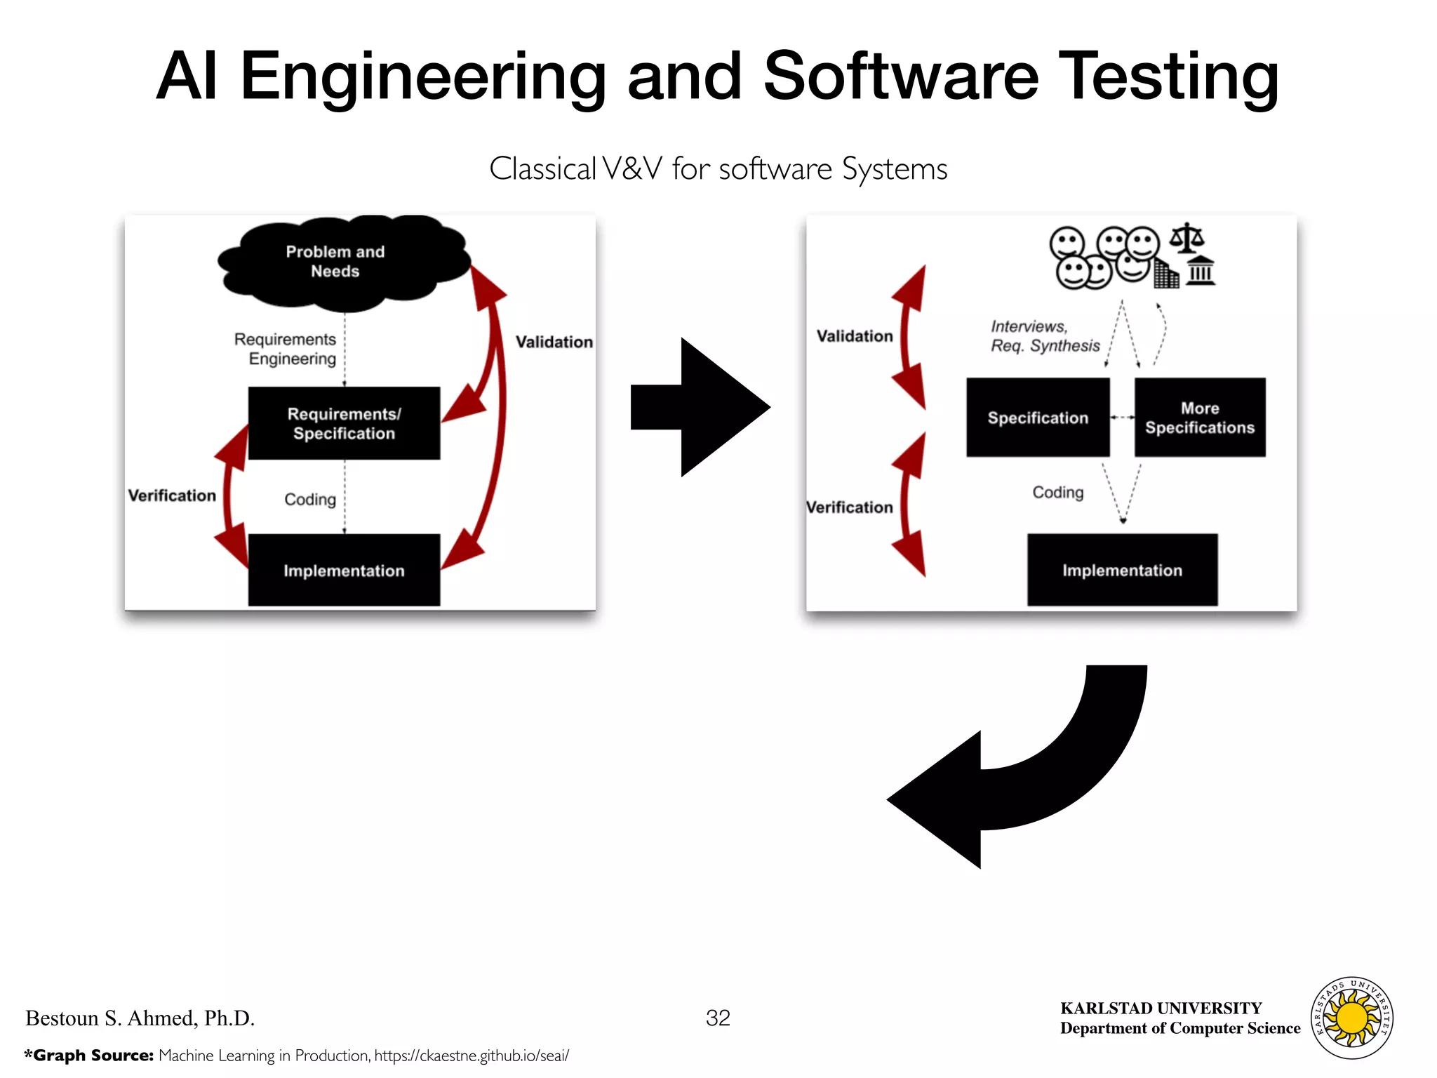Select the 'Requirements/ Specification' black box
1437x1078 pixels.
[x=344, y=423]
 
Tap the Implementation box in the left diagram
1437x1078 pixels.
[x=344, y=571]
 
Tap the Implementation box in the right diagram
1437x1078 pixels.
[x=1122, y=570]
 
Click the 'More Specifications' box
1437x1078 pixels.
[x=1200, y=418]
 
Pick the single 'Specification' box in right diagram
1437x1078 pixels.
[x=1038, y=418]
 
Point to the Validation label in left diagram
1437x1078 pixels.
[x=554, y=342]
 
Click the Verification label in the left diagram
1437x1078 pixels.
[x=172, y=495]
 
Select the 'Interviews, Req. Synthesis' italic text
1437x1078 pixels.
[x=1044, y=336]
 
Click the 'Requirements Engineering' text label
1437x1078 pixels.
[x=286, y=349]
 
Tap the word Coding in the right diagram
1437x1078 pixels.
[x=1057, y=493]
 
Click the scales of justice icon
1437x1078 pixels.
[x=1187, y=238]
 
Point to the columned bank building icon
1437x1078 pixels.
[x=1201, y=271]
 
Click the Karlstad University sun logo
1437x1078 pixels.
[x=1352, y=1018]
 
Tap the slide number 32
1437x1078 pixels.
[x=718, y=1018]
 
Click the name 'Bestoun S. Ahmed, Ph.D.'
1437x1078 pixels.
[x=140, y=1018]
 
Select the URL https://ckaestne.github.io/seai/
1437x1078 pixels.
[x=472, y=1056]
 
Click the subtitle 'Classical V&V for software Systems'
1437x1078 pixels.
[x=718, y=169]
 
